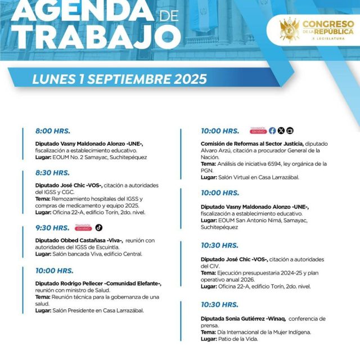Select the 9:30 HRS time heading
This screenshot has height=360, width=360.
(x=52, y=228)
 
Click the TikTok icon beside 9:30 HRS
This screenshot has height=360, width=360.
(x=99, y=228)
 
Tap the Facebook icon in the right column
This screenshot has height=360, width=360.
(x=272, y=130)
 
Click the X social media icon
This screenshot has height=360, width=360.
(x=281, y=130)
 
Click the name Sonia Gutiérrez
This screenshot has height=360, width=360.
(x=243, y=318)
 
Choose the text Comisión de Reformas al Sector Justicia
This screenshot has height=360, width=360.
(x=252, y=143)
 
